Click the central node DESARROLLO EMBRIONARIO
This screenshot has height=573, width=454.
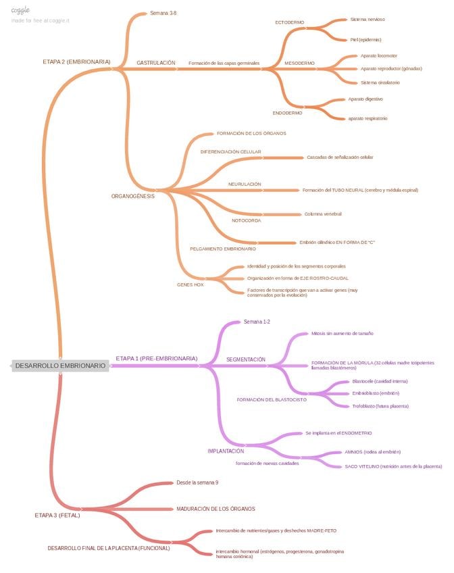pyautogui.click(x=60, y=366)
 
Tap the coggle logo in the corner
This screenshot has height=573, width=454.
pyautogui.click(x=20, y=10)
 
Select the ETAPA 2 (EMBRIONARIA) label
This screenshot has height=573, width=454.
pyautogui.click(x=76, y=61)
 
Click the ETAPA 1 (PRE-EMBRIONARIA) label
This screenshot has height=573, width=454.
pyautogui.click(x=157, y=358)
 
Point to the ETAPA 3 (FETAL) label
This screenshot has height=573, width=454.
pyautogui.click(x=57, y=515)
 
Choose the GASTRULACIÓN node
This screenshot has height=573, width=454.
pyautogui.click(x=156, y=62)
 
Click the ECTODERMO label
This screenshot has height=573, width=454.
pyautogui.click(x=289, y=22)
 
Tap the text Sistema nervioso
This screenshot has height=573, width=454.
pyautogui.click(x=368, y=20)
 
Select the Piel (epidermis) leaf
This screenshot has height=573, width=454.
pyautogui.click(x=366, y=40)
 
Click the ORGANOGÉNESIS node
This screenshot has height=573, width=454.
pyautogui.click(x=133, y=196)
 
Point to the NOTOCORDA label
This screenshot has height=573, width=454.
pyautogui.click(x=246, y=220)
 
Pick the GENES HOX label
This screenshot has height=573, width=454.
pyautogui.click(x=190, y=284)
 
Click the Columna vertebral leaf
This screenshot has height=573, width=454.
pyautogui.click(x=323, y=214)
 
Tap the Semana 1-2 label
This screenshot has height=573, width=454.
pyautogui.click(x=257, y=322)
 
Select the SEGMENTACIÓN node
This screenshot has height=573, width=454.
pyautogui.click(x=246, y=359)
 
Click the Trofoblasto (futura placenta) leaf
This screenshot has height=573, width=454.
pyautogui.click(x=380, y=406)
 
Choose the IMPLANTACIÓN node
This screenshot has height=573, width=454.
pyautogui.click(x=226, y=450)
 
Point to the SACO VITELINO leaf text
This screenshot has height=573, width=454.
pyautogui.click(x=393, y=466)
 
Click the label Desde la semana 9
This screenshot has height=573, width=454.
pyautogui.click(x=197, y=482)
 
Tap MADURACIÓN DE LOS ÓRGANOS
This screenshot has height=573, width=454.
pyautogui.click(x=216, y=508)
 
